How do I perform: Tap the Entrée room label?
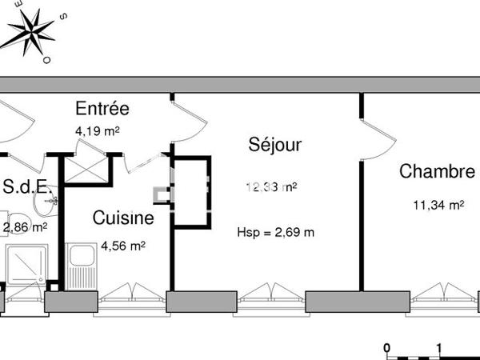pyautogui.click(x=102, y=109)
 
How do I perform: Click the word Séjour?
pyautogui.click(x=274, y=146)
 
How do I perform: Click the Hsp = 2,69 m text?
pyautogui.click(x=275, y=233)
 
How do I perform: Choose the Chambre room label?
pyautogui.click(x=437, y=171)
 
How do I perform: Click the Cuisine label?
pyautogui.click(x=123, y=217)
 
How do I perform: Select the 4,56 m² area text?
pyautogui.click(x=122, y=246)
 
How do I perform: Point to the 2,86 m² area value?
pyautogui.click(x=25, y=227)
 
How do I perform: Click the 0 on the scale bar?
pyautogui.click(x=386, y=349)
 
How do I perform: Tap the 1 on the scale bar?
pyautogui.click(x=439, y=349)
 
